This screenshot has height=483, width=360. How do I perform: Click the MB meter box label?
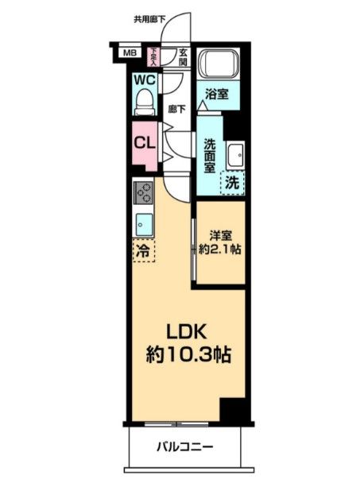pos(129,54)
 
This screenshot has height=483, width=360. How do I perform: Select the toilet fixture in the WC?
pos(144,100)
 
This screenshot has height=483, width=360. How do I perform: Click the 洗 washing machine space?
pos(231,182)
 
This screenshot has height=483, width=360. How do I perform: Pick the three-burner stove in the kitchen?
pos(143,192)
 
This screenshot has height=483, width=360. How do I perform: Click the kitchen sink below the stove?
pos(143,224)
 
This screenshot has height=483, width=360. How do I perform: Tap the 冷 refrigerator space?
pos(143,249)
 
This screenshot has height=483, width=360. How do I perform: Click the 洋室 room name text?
pos(220,234)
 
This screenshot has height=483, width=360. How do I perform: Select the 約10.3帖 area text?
pos(188,355)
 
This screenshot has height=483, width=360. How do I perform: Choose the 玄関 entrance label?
pos(182,56)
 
